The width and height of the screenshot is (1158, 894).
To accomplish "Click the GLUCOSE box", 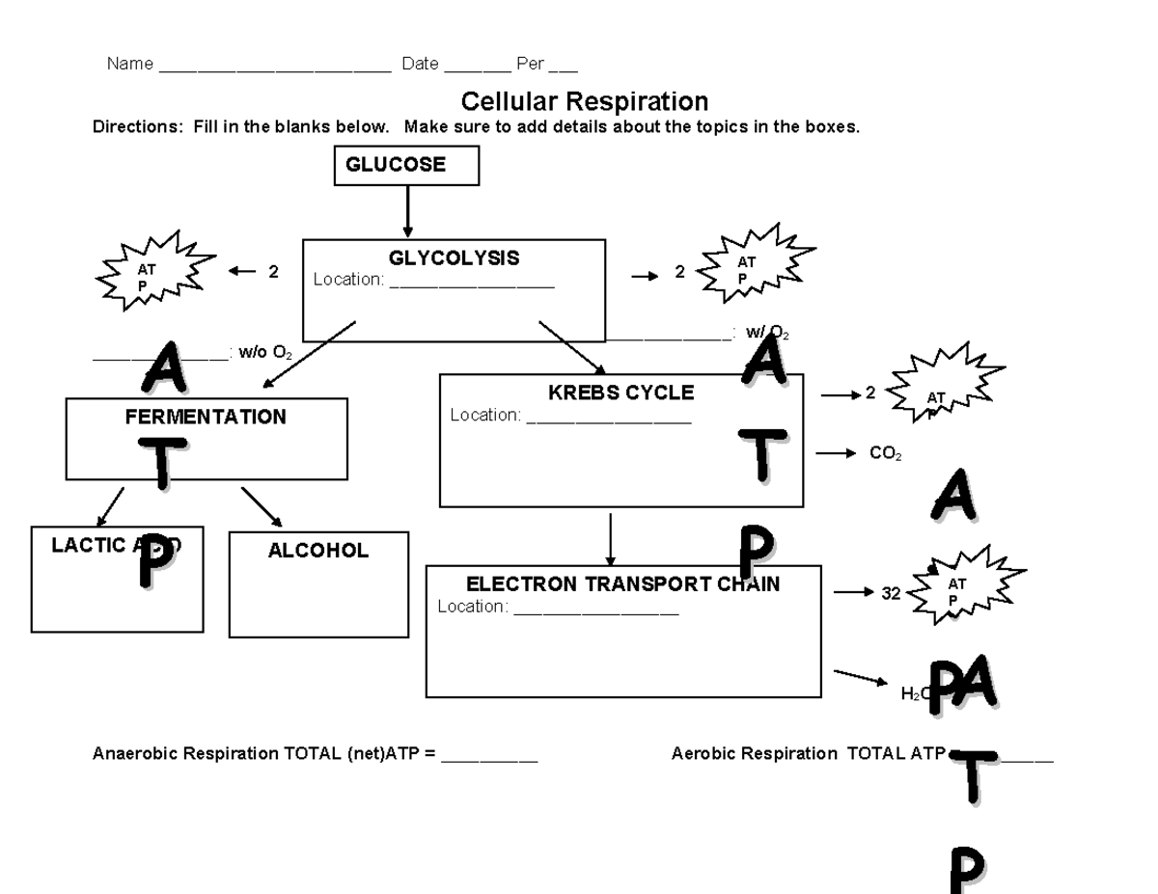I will point(406,165).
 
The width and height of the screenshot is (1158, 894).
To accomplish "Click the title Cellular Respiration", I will point(584,101).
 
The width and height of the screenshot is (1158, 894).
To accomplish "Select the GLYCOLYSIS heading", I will point(454,258).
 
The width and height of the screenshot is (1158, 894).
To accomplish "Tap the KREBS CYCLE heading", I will point(620,393).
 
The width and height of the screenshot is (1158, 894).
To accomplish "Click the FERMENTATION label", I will point(206,418).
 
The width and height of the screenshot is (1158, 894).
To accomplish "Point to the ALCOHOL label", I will point(317,551).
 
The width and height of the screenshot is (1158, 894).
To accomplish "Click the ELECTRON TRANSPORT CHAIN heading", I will point(622,584).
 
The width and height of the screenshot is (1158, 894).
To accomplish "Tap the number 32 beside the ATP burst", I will point(891,594).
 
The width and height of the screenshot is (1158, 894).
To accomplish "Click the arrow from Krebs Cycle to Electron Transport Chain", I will point(610,539).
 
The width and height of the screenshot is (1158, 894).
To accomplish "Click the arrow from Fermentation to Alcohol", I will point(261,506).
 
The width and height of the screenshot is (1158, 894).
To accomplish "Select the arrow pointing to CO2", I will point(836,453).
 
